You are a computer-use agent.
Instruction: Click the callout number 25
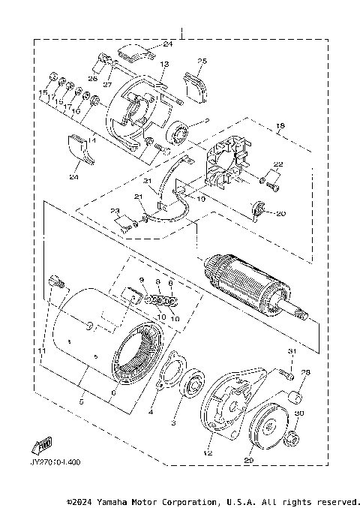click(x=202, y=61)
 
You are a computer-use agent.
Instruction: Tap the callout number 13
click(x=164, y=65)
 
